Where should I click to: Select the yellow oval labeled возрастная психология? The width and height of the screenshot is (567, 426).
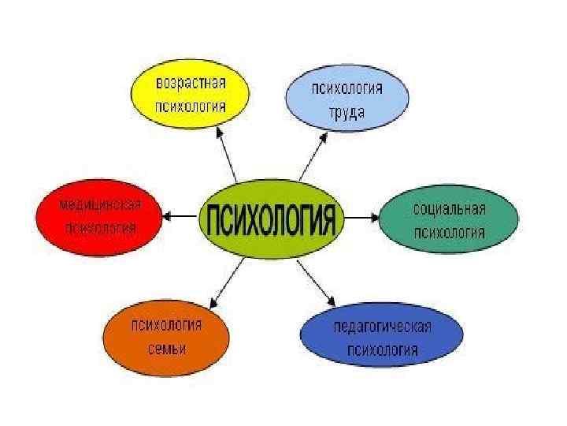coord(191,95)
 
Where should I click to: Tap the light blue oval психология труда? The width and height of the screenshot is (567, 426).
coord(346,99)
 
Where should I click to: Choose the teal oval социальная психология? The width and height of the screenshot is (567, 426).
coord(450,220)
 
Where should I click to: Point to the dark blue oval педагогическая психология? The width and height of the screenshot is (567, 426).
coord(383,338)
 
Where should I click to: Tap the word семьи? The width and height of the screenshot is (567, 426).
coord(166,349)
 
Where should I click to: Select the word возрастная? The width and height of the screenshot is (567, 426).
coord(191,83)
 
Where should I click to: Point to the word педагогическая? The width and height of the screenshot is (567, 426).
coord(383,327)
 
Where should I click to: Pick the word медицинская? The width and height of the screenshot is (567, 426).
coord(99,205)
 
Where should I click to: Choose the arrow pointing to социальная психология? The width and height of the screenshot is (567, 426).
coord(361,215)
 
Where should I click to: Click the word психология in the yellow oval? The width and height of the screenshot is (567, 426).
coord(191,106)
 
